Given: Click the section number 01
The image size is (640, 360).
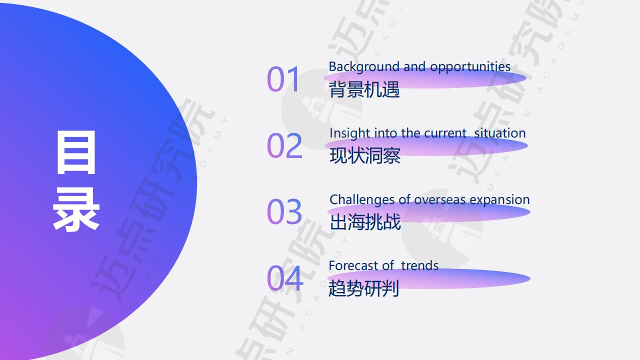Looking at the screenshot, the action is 283,79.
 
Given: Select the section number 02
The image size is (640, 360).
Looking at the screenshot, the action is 284,145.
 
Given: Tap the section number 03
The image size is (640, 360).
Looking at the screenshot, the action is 284,211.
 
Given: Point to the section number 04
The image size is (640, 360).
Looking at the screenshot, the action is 285,278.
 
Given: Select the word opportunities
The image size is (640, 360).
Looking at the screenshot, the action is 470,67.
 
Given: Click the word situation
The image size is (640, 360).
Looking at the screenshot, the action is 500,133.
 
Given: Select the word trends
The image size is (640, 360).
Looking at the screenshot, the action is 419,265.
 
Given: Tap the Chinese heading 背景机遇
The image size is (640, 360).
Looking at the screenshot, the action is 364,89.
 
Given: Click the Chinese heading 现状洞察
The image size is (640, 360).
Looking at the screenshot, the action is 365,155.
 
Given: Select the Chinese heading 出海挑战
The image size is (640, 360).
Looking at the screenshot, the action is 365,222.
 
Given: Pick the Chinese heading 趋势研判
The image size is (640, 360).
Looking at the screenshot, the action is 363,288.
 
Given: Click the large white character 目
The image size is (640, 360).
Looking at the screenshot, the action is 76,152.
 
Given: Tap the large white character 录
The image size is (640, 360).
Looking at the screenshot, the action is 76,209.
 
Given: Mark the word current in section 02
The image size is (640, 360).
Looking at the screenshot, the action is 445,133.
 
